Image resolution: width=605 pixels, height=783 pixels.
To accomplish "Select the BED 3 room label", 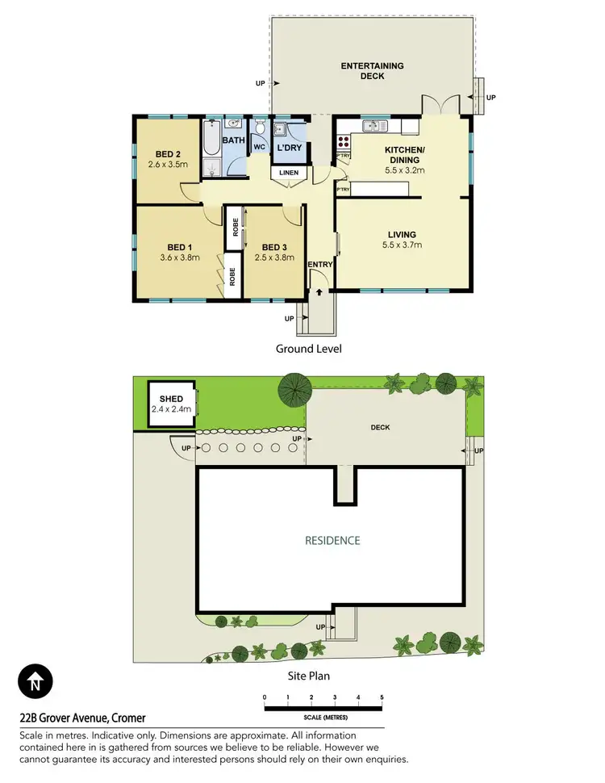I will (x=273, y=247).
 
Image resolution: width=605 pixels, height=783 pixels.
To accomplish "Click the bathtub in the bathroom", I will (x=212, y=138).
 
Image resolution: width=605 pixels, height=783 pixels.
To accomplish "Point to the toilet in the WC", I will (x=260, y=131).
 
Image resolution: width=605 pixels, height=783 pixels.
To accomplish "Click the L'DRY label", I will (x=289, y=148).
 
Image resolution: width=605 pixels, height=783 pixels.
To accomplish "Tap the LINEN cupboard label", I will (x=289, y=173).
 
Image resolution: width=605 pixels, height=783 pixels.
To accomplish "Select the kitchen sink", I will (x=373, y=125).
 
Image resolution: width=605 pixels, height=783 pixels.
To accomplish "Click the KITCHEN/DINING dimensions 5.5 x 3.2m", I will (x=404, y=170).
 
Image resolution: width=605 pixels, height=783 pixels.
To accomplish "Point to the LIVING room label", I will (x=404, y=233).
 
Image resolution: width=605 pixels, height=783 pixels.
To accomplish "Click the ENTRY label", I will (x=319, y=264).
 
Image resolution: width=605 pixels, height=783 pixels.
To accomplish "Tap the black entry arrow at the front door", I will (x=320, y=292).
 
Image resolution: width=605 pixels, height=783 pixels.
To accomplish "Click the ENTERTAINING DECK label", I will (x=372, y=71).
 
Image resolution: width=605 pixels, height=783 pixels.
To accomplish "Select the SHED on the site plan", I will (x=171, y=404).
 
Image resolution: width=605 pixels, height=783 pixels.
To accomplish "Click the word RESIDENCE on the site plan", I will (x=332, y=540).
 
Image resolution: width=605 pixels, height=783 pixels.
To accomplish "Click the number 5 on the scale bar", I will (x=382, y=697).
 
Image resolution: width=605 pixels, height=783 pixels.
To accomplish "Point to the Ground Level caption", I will (x=309, y=349).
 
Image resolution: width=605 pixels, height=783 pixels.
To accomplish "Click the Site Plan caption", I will (x=309, y=676).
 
